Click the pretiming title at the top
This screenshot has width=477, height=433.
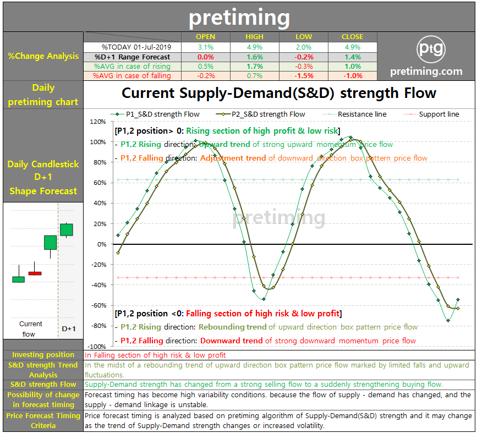pos(239,18)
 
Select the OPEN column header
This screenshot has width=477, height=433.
pos(206,37)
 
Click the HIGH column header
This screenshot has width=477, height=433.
pos(255,37)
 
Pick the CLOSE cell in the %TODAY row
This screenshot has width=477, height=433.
pos(352,47)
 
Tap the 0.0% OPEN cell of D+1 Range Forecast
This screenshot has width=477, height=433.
pos(206,57)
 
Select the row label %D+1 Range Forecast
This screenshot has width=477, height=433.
pos(132,57)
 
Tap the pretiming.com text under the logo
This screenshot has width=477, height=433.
pos(426,72)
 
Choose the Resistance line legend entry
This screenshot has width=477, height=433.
pos(361,114)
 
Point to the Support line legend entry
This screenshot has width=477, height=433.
pos(438,114)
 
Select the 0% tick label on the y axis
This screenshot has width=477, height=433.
pos(102,244)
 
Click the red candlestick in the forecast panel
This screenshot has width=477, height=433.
pos(35,273)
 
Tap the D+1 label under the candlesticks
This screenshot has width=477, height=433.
pos(69,328)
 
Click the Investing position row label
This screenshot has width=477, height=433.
pos(43,355)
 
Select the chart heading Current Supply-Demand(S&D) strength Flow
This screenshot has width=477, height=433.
pos(278,94)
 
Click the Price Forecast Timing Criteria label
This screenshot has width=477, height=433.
pos(43,420)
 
